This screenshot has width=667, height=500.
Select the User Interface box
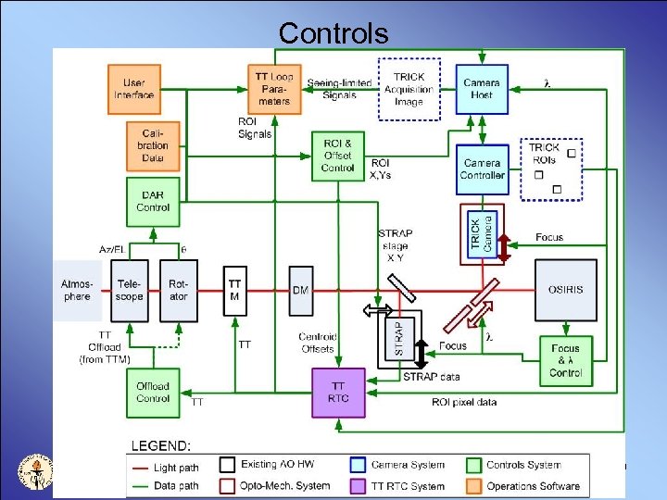pyautogui.click(x=134, y=88)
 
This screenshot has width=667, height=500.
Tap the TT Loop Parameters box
pyautogui.click(x=275, y=88)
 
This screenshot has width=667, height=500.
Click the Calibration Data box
pyautogui.click(x=153, y=145)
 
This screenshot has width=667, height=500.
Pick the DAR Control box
pyautogui.click(x=153, y=201)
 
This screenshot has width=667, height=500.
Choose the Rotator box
pyautogui.click(x=179, y=290)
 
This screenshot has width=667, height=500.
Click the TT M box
pyautogui.click(x=235, y=289)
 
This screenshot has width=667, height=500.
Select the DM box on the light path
pyautogui.click(x=300, y=290)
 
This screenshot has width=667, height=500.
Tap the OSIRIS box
pyautogui.click(x=565, y=290)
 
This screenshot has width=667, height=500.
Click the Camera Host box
pyautogui.click(x=482, y=88)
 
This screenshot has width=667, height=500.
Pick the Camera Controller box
pyautogui.click(x=482, y=169)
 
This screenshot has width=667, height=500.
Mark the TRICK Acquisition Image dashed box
pyautogui.click(x=409, y=88)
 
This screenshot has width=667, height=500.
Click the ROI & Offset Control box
pyautogui.click(x=337, y=156)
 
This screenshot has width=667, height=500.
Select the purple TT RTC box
pyautogui.click(x=337, y=393)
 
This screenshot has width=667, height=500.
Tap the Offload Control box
pyautogui.click(x=153, y=393)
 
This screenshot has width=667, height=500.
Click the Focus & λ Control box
pyautogui.click(x=565, y=361)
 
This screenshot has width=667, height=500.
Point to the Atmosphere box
pyautogui.click(x=78, y=290)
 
